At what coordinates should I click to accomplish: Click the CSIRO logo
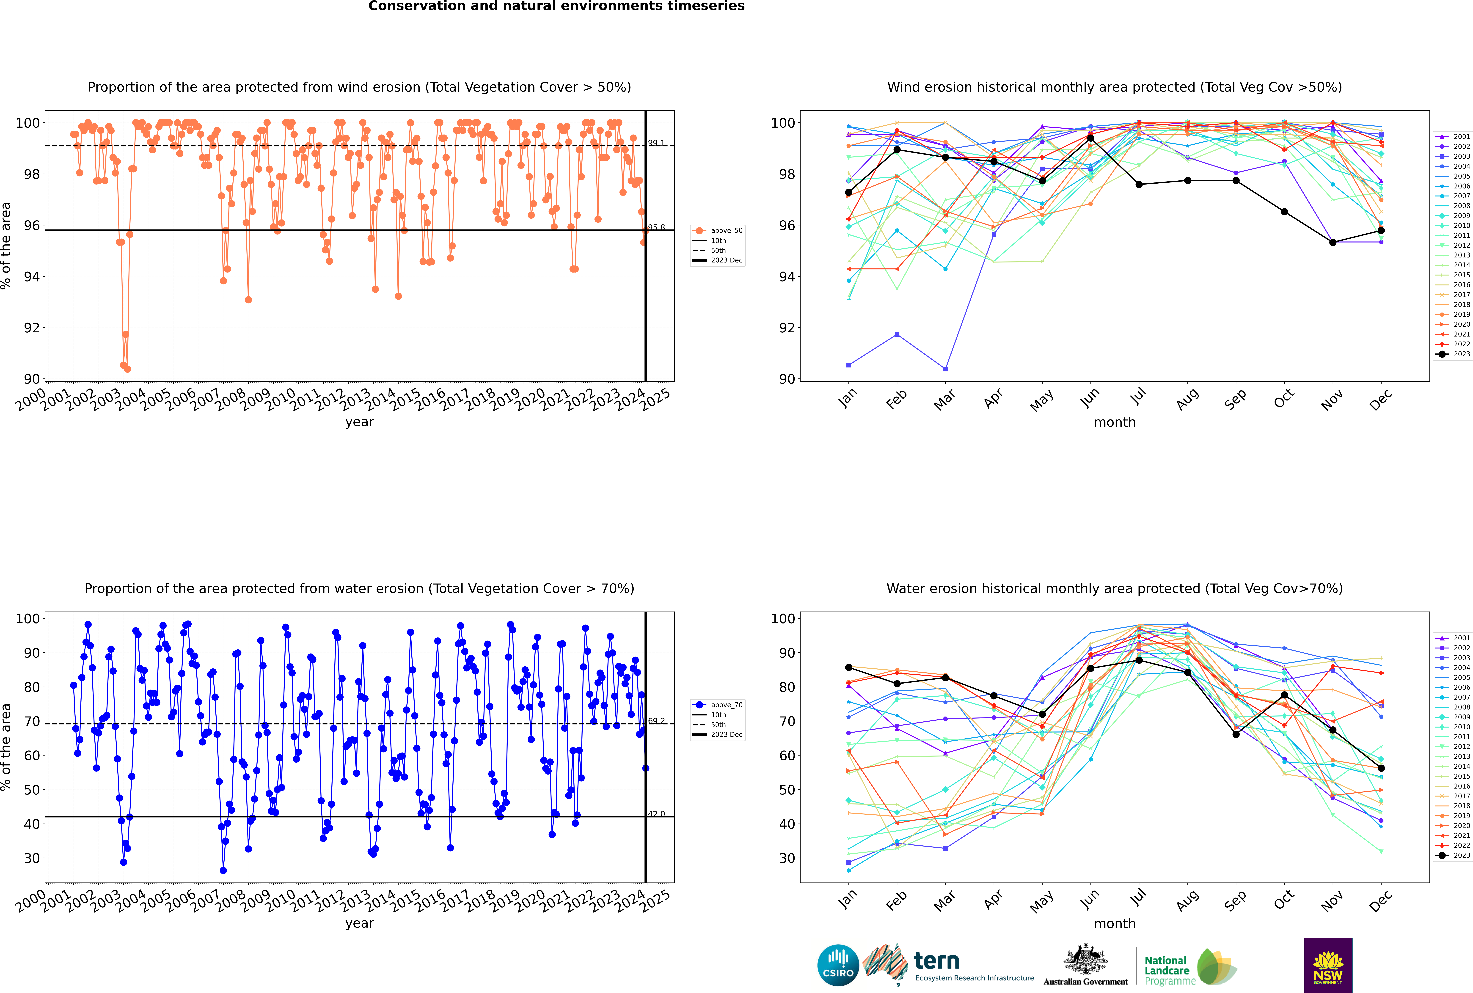838,965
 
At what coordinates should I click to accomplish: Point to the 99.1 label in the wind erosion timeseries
656,143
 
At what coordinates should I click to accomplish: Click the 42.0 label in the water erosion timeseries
656,814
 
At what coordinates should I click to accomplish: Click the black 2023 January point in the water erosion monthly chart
849,668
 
